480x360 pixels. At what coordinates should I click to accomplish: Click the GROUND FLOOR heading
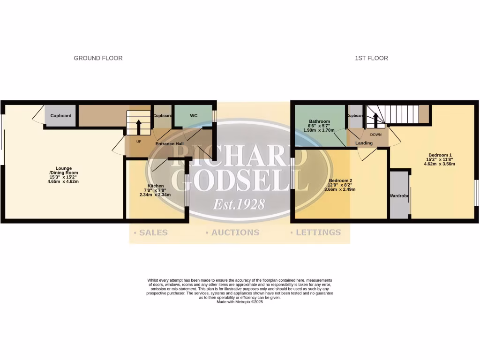coord(98,58)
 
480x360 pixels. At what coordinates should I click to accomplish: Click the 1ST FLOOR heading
coord(371,58)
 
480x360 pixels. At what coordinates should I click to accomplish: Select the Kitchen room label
coord(156,186)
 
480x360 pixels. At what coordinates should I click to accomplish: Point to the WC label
coord(194,115)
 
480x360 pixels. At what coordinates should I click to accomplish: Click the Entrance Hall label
coord(169,144)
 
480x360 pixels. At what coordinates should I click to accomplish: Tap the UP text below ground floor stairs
coord(139,141)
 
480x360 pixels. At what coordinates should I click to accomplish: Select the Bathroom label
coord(319,121)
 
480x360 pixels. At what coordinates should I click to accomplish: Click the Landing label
coord(364,143)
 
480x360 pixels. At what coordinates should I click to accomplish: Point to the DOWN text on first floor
coord(375,135)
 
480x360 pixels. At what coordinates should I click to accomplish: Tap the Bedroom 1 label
coord(440,155)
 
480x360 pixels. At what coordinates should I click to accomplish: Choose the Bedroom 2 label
coord(340,180)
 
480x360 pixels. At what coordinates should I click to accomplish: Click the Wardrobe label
coord(399,195)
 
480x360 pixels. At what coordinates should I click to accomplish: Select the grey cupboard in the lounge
coord(60,116)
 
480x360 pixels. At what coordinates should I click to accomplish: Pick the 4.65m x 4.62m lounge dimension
coord(63,181)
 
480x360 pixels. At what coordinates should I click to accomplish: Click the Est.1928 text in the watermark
coord(239,204)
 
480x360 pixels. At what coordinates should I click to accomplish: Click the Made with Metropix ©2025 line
coord(240,302)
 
